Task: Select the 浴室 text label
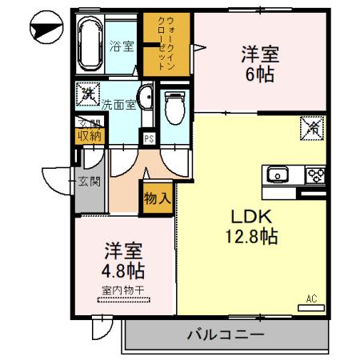click(121, 46)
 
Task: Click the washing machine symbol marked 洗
click(86, 94)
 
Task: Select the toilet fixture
click(173, 104)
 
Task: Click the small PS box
click(149, 138)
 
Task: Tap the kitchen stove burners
click(314, 174)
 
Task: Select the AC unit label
click(312, 298)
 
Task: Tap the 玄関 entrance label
click(89, 182)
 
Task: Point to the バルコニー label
click(226, 335)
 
